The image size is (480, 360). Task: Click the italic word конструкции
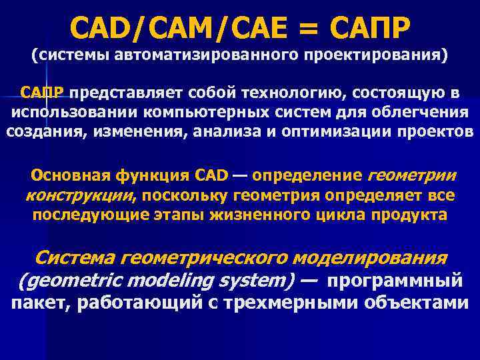tap(79, 196)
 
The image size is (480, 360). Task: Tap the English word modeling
tap(167, 281)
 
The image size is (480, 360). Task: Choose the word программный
tap(395, 281)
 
